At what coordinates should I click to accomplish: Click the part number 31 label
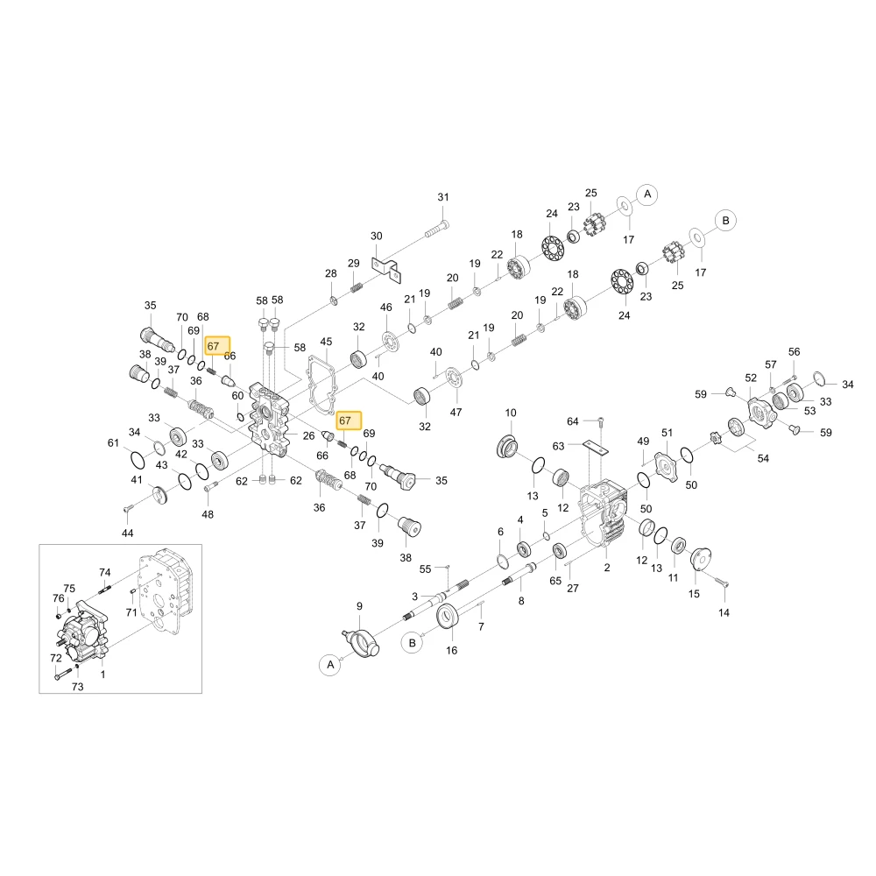(x=443, y=197)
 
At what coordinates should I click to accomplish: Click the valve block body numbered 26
(x=271, y=420)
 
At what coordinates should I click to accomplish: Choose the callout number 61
(x=113, y=443)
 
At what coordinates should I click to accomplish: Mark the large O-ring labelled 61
(x=137, y=461)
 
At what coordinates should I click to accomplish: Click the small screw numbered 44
(x=128, y=508)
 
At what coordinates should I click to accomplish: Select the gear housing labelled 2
(x=603, y=512)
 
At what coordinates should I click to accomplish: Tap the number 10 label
(x=511, y=413)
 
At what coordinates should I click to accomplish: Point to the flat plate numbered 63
(x=595, y=447)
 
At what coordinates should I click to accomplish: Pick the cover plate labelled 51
(x=666, y=467)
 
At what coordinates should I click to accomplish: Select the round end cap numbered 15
(x=701, y=559)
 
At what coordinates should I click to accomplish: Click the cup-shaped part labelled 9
(x=362, y=642)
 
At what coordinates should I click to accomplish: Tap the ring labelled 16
(x=448, y=616)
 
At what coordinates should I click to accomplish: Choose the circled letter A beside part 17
(x=647, y=194)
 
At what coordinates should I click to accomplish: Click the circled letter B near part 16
(x=413, y=643)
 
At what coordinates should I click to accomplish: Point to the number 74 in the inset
(x=105, y=573)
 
